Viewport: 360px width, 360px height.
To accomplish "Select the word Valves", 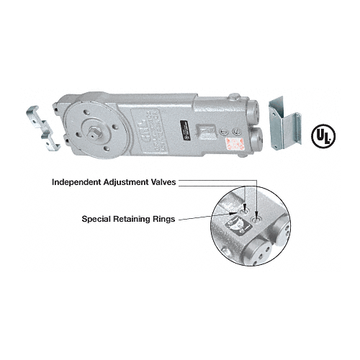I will pyautogui.click(x=174, y=182).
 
